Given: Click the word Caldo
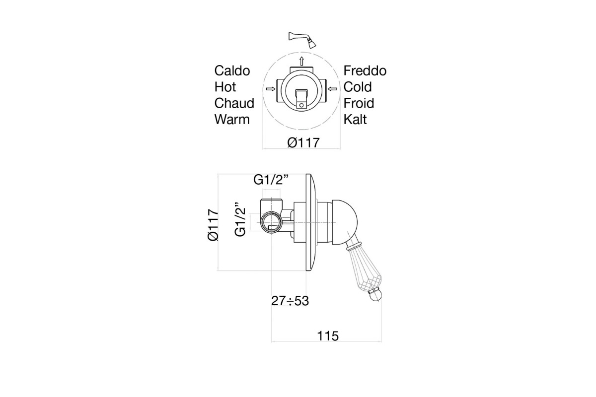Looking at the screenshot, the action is pos(232,71).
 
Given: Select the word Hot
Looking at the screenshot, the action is pos(225,87).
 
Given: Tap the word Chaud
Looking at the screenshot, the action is pos(234,103).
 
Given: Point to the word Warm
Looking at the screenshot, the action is pos(232,120).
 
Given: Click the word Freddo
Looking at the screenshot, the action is pos(365,71).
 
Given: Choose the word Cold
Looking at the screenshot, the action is pos(357,87).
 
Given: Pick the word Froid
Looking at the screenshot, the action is pos(359,103).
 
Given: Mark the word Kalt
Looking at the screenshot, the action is pos(355,120).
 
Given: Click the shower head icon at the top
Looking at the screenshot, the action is pos(302,40).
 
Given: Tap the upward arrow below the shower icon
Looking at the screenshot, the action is pos(301,61).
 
